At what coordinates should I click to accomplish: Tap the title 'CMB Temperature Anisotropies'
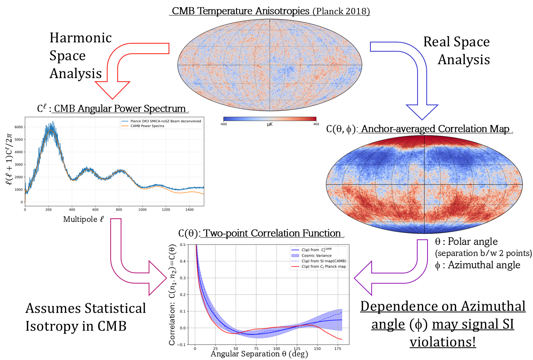point(240,11)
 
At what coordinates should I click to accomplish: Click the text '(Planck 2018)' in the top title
point(341,11)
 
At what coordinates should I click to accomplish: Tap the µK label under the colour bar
point(270,124)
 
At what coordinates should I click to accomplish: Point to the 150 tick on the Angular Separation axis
point(317,348)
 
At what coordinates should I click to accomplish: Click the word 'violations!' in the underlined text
point(443,342)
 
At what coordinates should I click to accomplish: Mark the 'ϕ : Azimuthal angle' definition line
point(477,265)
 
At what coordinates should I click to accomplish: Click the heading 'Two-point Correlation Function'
point(272,233)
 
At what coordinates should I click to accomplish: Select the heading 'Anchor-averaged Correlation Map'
point(435,129)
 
